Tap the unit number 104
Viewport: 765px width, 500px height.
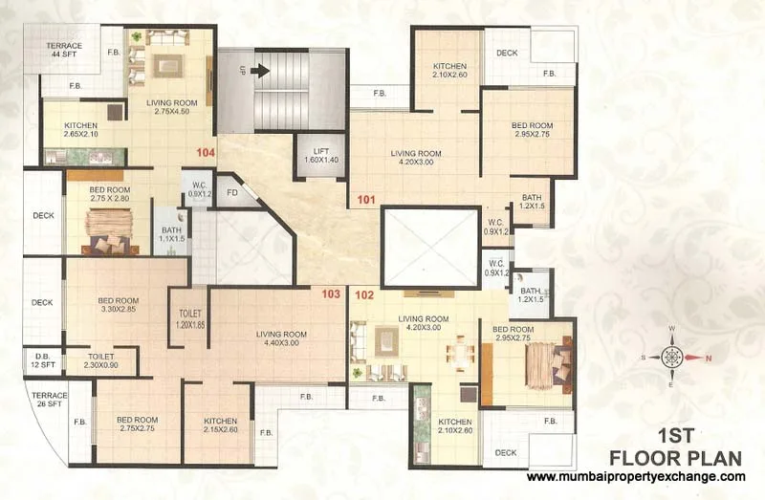(205, 152)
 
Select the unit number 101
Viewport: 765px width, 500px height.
(365, 200)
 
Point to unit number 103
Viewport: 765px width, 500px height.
(331, 293)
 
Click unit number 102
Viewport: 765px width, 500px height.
(363, 294)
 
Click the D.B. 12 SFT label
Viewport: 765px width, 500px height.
(42, 360)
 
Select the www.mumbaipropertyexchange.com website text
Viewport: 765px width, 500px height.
(636, 476)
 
